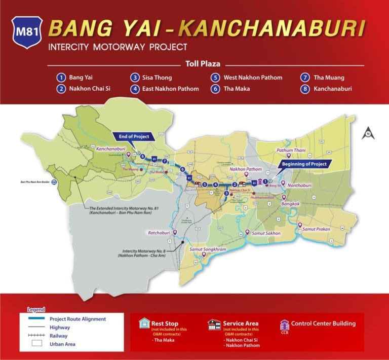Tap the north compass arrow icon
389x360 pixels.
368,133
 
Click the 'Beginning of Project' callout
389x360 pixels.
303,163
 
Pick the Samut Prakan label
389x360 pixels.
317,229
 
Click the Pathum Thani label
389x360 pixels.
292,151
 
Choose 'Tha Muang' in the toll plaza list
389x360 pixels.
329,78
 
